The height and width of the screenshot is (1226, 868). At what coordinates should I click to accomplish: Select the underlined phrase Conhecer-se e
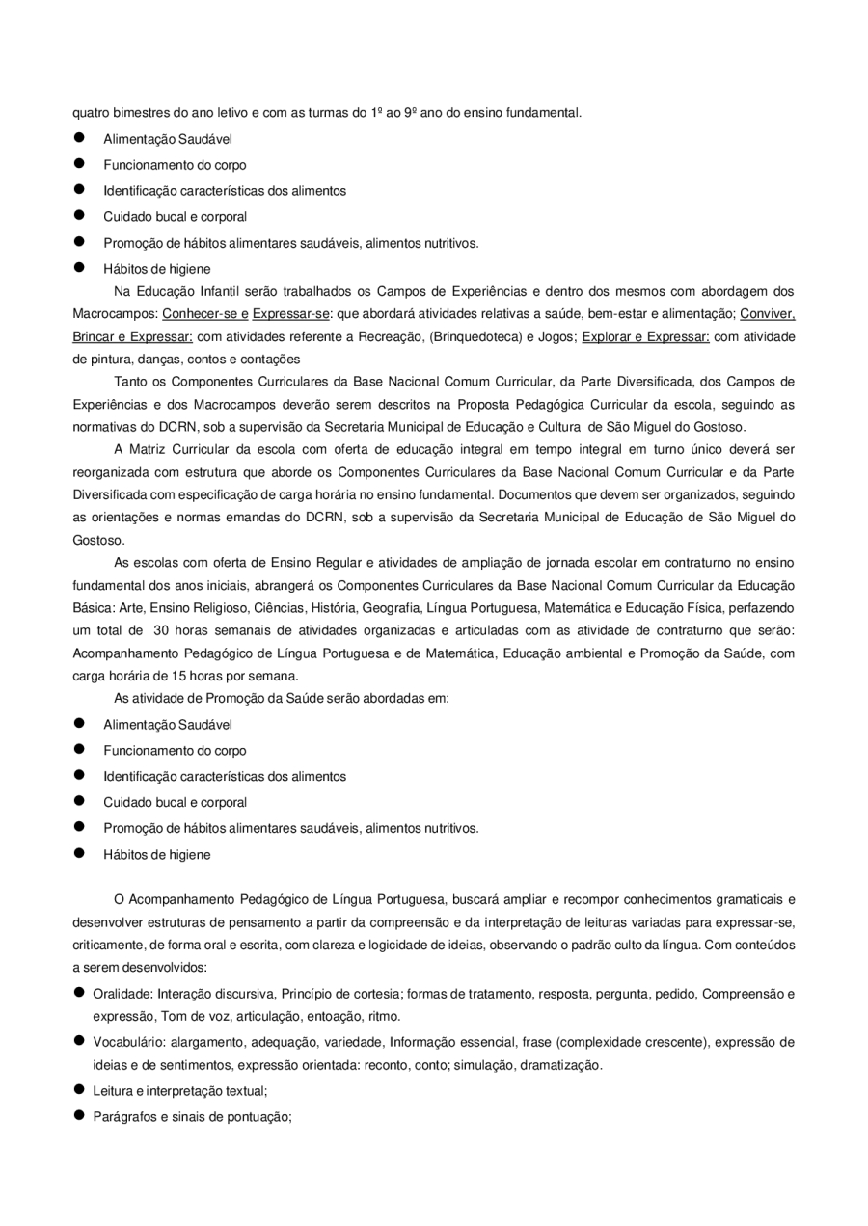[x=205, y=314]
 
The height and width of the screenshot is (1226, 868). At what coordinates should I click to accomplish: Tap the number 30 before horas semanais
[x=162, y=631]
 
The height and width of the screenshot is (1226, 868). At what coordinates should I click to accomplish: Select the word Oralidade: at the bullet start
[x=122, y=994]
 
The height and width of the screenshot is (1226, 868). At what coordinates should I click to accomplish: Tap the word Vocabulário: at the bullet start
[x=127, y=1042]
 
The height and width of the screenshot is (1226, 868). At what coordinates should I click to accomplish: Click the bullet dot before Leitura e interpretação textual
[x=80, y=1090]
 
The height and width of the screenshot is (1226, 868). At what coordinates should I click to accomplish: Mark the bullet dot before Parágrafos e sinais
[x=80, y=1116]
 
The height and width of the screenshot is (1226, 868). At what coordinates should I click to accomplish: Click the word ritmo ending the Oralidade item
[x=385, y=1016]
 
